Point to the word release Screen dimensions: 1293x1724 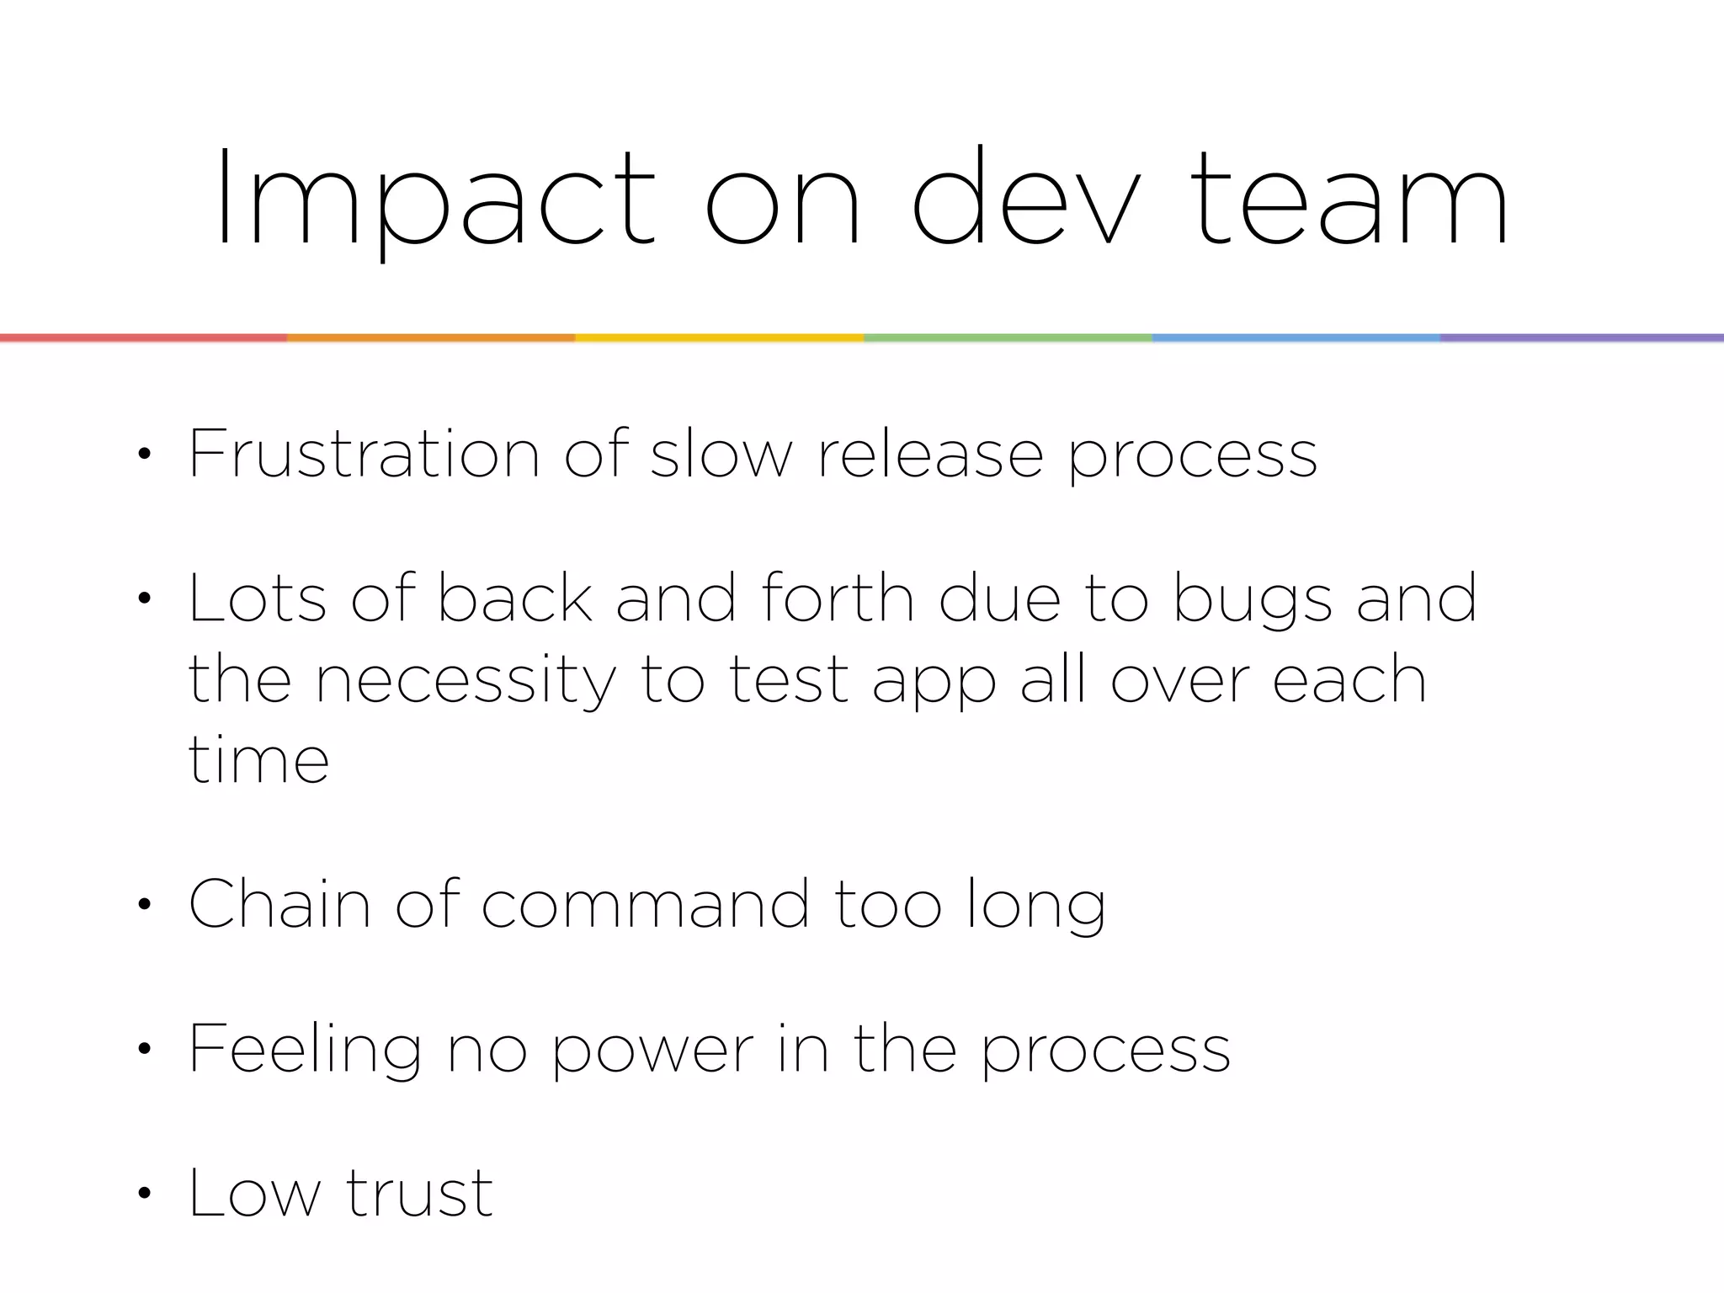[x=930, y=455]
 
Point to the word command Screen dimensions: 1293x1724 [x=645, y=905]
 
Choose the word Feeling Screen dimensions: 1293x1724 [x=304, y=1051]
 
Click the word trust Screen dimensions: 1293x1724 [x=419, y=1194]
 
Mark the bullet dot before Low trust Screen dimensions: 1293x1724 [x=145, y=1194]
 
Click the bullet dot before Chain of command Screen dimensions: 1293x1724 [x=145, y=906]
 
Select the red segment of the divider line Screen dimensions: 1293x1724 [x=143, y=338]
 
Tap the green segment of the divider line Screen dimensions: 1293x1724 [x=1008, y=338]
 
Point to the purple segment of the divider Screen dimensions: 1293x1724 [x=1582, y=338]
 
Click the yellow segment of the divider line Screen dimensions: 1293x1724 [x=719, y=338]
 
